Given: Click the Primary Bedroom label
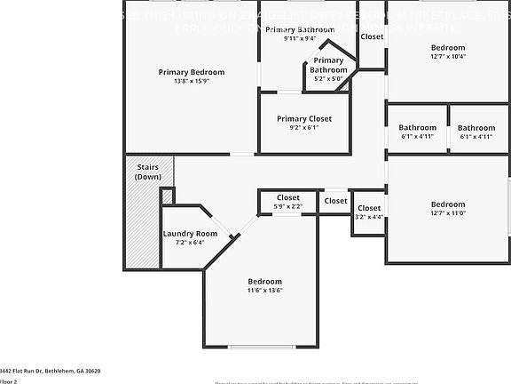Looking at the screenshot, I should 191,72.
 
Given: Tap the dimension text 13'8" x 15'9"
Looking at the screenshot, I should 191,82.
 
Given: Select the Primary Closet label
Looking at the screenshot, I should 303,118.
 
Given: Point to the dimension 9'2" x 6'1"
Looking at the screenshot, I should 303,128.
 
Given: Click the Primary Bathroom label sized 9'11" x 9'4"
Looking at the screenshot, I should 299,29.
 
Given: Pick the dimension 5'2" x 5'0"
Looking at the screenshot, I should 328,78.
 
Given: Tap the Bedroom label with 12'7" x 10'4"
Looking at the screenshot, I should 447,47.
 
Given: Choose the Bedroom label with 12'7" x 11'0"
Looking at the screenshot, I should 447,204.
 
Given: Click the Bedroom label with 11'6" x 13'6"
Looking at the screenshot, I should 264,281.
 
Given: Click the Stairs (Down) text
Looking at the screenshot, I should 148,172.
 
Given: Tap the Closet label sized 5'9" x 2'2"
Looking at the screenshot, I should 288,197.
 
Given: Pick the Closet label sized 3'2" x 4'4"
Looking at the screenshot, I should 369,208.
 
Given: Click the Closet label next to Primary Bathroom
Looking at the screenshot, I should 372,36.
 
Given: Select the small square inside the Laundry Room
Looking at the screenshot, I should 167,196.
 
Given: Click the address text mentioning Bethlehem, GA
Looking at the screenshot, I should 50,371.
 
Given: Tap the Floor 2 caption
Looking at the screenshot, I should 9,380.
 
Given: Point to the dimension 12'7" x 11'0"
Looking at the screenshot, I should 447,213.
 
